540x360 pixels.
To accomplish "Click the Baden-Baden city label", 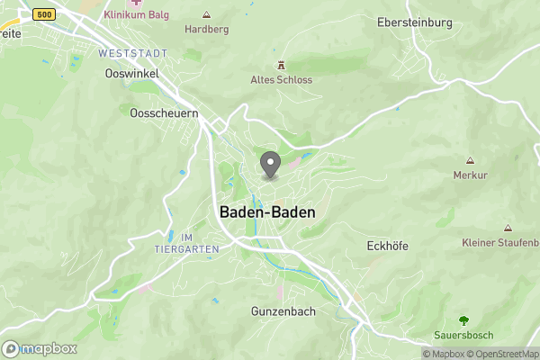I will pos(267,212).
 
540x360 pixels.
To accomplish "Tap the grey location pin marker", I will pos(270,165).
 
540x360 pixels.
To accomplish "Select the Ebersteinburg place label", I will pos(414,22).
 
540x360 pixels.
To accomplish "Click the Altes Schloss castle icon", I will pos(281,65).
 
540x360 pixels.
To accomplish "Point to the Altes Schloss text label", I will pos(281,79).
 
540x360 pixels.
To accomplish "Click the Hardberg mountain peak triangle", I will pos(206,14).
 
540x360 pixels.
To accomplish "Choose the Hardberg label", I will pos(206,29).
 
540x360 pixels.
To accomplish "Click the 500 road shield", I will pos(42,15).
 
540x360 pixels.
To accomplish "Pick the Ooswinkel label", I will pos(126,73).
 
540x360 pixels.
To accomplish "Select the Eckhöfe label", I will pos(389,245).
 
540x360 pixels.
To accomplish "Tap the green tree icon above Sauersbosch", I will pos(463,319).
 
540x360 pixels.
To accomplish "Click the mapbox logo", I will pos(40,348).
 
